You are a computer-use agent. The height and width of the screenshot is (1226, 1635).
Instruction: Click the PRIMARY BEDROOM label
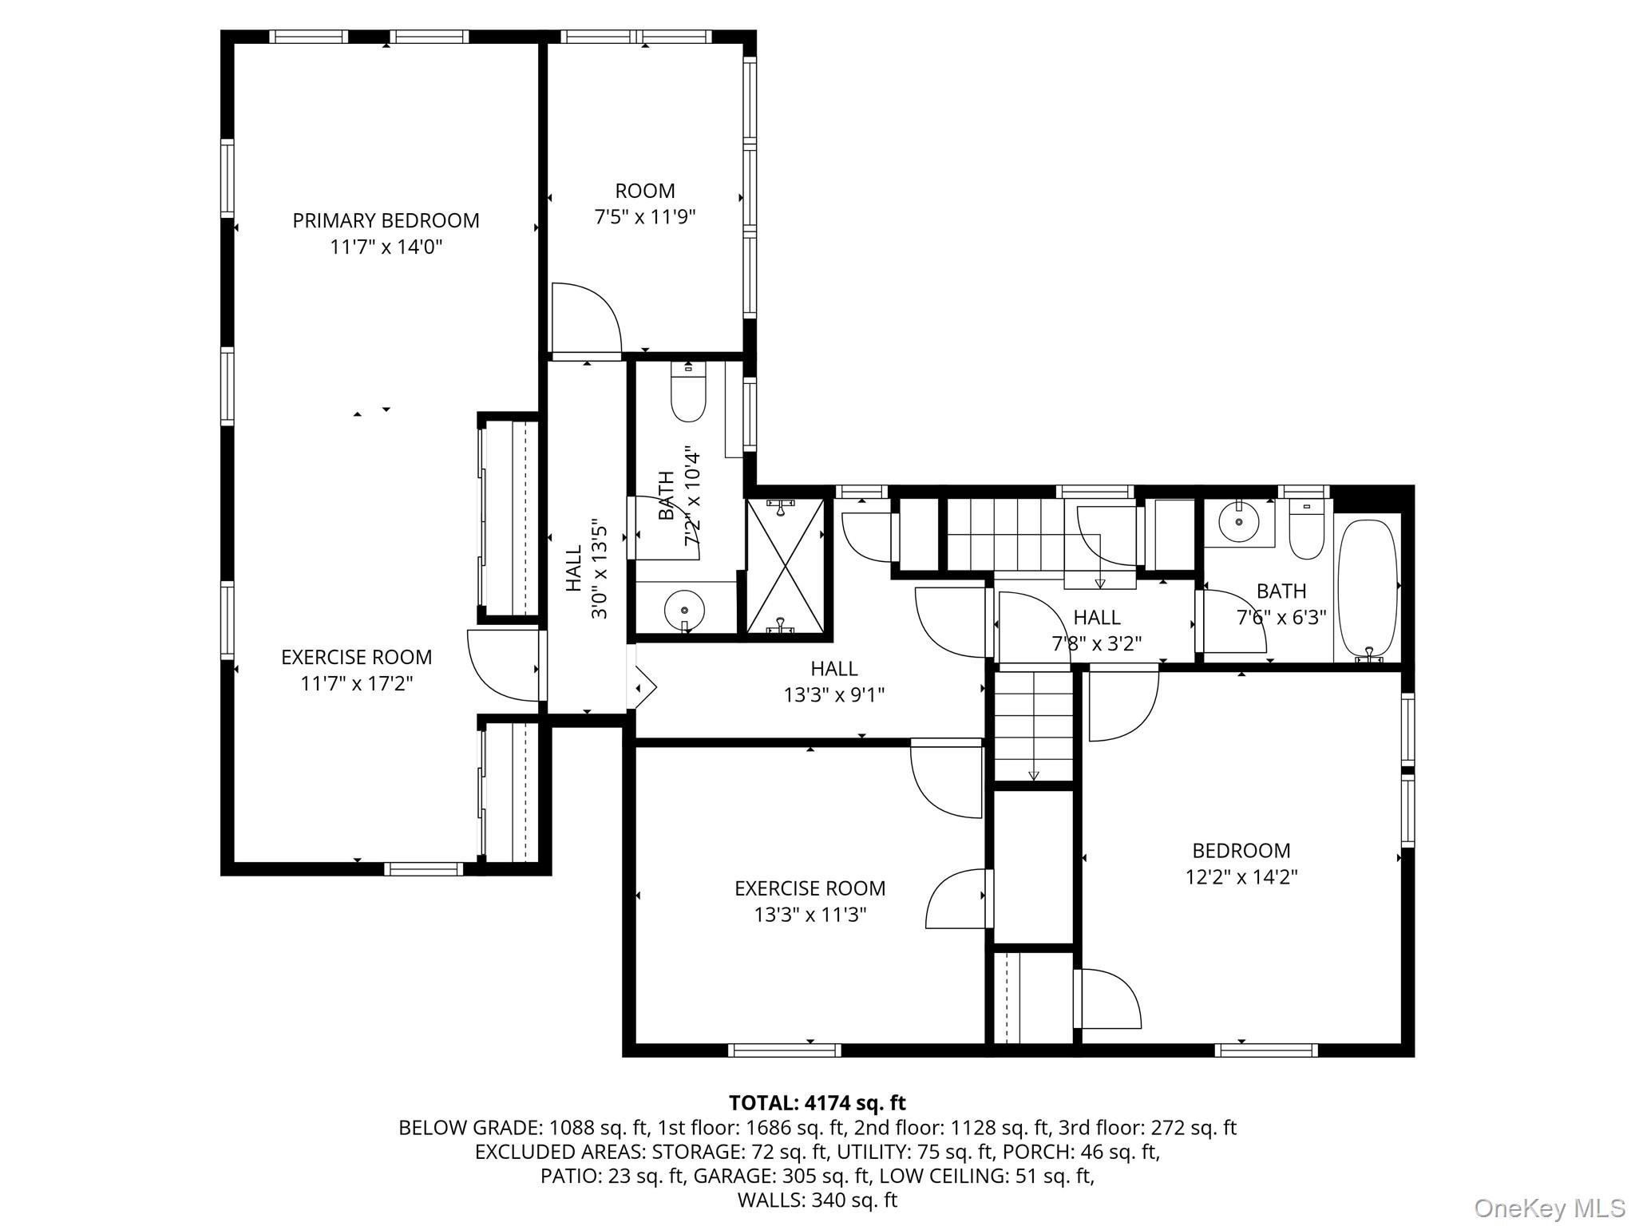point(386,220)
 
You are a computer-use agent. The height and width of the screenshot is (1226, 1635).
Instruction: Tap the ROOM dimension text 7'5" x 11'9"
point(645,216)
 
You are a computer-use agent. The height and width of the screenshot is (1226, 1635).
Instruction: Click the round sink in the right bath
point(1238,522)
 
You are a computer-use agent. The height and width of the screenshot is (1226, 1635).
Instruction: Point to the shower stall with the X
point(786,566)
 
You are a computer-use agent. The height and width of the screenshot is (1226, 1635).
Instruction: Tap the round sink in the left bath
point(685,609)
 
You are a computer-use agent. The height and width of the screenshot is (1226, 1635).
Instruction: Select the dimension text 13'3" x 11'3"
point(810,914)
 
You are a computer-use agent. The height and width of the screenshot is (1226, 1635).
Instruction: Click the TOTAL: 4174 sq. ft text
point(817,1103)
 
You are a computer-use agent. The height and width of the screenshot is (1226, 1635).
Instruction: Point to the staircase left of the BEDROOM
point(1034,726)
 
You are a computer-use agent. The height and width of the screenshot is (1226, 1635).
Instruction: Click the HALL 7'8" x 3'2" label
point(1097,630)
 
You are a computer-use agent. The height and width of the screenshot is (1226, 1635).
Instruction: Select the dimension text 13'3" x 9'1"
point(834,695)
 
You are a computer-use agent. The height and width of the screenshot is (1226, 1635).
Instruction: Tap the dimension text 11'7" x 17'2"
point(357,684)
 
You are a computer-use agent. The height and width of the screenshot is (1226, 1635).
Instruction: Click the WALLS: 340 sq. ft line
point(817,1200)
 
